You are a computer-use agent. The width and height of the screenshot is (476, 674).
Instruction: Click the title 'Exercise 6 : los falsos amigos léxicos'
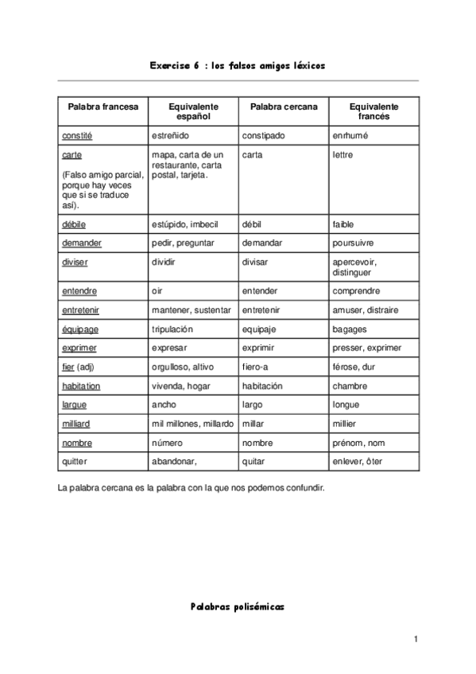coord(237,67)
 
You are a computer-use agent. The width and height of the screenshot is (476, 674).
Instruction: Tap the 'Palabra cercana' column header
coord(284,107)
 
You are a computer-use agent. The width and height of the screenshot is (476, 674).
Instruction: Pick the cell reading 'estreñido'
coord(170,136)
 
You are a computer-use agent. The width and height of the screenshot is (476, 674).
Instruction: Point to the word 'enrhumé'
coord(350,136)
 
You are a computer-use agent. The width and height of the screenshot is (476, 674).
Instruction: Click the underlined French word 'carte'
coord(72,155)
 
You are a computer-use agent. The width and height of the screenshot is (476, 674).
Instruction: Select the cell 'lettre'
coord(342,155)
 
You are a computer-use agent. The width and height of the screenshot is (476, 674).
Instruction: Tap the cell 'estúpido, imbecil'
coord(184,224)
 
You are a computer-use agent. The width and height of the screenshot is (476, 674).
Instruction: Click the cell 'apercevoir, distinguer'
coord(354,267)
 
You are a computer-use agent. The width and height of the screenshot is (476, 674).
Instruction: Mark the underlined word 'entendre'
coord(79,292)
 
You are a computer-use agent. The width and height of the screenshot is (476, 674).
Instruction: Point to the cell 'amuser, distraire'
coord(366,310)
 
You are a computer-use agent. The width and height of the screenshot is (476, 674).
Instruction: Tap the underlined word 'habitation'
coord(81,385)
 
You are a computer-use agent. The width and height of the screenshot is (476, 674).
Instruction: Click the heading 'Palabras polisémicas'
coord(237,606)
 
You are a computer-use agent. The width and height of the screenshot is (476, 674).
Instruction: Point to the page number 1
coord(415,639)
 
